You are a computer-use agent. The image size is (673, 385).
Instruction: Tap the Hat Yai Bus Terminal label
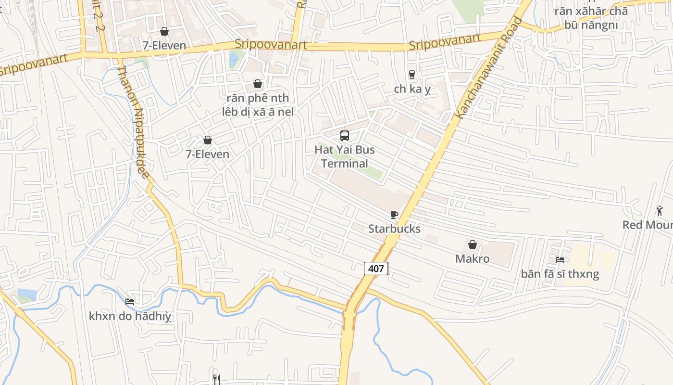coord(345,156)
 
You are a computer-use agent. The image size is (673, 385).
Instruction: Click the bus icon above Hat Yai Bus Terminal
coord(345,135)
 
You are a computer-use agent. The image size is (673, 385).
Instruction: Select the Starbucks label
coord(394,229)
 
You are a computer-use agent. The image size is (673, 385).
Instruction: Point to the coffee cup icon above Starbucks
coord(394,215)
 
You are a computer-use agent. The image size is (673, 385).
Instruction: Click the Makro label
coord(473,259)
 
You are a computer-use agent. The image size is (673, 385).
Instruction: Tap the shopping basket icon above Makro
coord(473,244)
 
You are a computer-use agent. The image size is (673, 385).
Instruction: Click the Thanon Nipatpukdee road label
coord(134,122)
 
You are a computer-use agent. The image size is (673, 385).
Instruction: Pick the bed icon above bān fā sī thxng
coord(560,260)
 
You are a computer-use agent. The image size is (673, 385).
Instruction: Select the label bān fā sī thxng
coord(560,274)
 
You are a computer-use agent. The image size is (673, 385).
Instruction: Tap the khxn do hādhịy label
coord(130,316)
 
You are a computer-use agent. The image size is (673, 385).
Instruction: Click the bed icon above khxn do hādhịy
coord(130,302)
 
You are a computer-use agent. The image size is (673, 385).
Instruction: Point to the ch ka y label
coord(412,89)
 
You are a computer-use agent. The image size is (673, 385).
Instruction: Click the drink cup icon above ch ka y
coord(412,74)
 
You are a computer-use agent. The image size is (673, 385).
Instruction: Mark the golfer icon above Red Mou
coord(660,211)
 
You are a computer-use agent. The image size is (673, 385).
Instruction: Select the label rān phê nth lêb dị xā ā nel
coord(258,105)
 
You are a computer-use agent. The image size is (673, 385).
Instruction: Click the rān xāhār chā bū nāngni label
coord(591,18)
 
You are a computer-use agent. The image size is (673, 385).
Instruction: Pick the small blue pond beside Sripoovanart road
coord(234,60)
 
